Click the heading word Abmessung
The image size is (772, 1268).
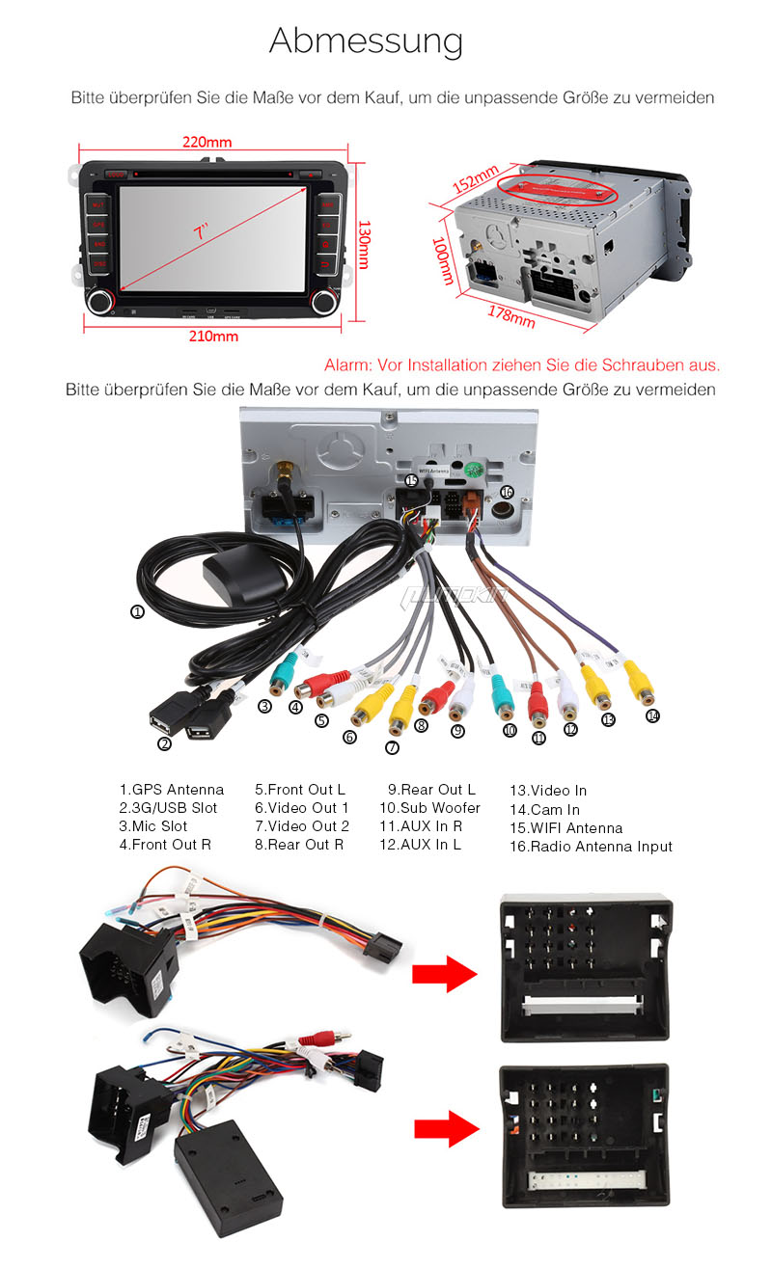[366, 41]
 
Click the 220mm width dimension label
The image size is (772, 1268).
[207, 143]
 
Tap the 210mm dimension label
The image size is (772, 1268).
[212, 337]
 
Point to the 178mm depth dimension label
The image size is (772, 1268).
[511, 314]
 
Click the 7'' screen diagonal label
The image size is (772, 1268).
[201, 232]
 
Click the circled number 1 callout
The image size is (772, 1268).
[138, 611]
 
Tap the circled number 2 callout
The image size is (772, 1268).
[164, 742]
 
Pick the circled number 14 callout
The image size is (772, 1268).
[652, 715]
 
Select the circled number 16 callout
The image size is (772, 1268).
[508, 491]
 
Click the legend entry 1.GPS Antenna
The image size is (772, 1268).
[171, 790]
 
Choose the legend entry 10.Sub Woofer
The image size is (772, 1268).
[429, 808]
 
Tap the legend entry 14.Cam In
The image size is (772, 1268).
[544, 810]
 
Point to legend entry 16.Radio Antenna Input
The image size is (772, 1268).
[591, 847]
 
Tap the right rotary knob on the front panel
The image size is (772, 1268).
[325, 300]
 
